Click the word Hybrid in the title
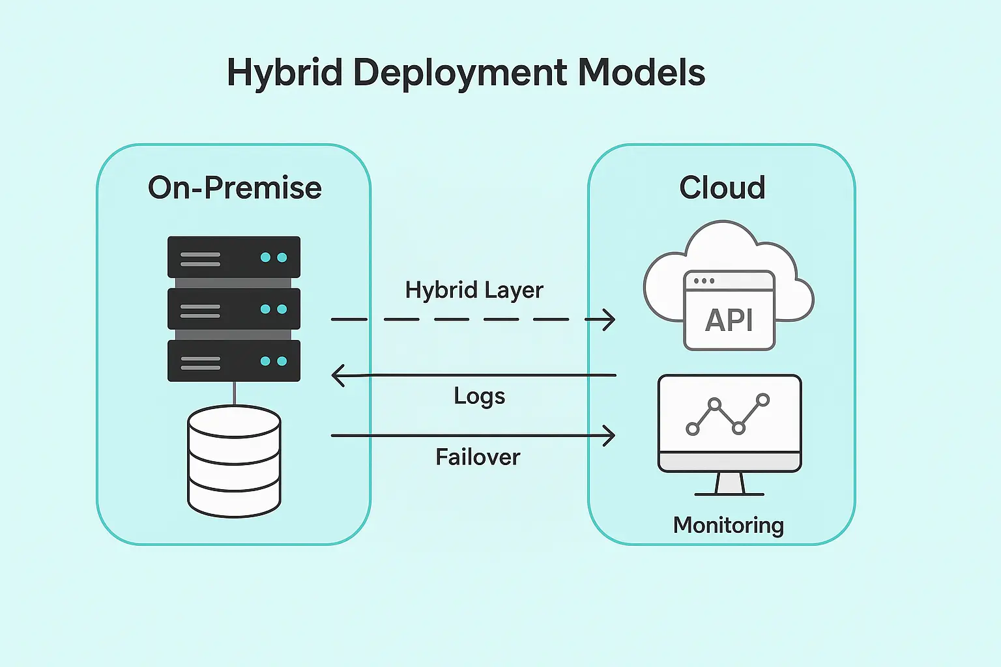tap(284, 73)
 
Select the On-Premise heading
tap(235, 188)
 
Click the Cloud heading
tap(722, 188)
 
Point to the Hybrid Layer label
tap(474, 290)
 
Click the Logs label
tap(479, 396)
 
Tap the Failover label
tap(478, 457)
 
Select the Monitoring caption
tap(728, 525)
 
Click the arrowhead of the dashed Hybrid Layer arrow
tap(609, 319)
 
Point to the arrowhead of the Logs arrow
tap(338, 376)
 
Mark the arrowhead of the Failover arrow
tap(609, 435)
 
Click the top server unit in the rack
tap(234, 257)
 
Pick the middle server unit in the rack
tap(234, 309)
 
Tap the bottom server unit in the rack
tap(234, 361)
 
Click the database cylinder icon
tap(234, 461)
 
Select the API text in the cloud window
tap(729, 320)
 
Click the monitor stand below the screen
tap(729, 484)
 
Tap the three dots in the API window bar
tap(704, 281)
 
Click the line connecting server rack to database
tap(234, 393)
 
